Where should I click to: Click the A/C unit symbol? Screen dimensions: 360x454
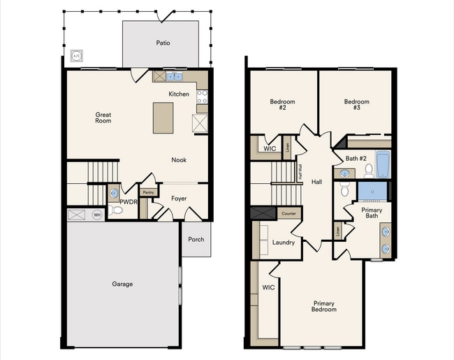click(x=77, y=55)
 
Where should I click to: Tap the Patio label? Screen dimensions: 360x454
click(x=163, y=43)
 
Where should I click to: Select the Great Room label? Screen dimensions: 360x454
click(x=103, y=118)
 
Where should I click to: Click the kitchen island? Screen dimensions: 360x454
click(x=163, y=117)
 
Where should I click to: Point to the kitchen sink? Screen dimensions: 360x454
click(x=175, y=76)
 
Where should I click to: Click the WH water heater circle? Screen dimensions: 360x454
click(x=98, y=215)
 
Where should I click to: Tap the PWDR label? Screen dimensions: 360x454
click(x=128, y=203)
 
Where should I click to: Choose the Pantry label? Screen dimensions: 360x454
click(x=148, y=192)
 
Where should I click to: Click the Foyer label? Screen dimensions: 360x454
click(x=180, y=199)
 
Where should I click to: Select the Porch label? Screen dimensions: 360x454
click(x=196, y=239)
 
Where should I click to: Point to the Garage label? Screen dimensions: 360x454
click(x=123, y=284)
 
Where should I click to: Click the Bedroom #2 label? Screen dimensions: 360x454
click(x=282, y=105)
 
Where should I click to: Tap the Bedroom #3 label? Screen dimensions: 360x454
click(x=356, y=105)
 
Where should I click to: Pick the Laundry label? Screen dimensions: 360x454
click(x=284, y=243)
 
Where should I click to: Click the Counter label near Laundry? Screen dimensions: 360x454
click(x=289, y=213)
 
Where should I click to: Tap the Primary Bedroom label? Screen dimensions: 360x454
click(x=324, y=306)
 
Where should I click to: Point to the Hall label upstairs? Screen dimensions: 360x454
click(x=316, y=182)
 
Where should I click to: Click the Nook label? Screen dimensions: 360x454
click(x=180, y=160)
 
